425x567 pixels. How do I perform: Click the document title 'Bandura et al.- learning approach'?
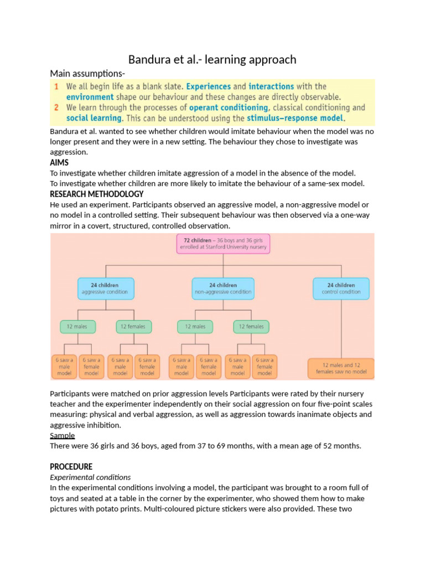coord(212,59)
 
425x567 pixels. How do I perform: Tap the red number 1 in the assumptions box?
coord(56,87)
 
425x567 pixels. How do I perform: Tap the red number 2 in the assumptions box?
coord(56,108)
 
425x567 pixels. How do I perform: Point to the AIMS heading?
coord(60,162)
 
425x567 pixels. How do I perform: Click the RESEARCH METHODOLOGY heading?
coord(96,194)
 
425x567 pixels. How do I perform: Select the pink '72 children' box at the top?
coord(224,244)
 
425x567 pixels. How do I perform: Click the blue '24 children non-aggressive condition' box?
coord(223,288)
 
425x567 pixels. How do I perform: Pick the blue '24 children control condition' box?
coord(341,288)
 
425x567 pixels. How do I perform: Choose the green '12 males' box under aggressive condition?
coord(77,327)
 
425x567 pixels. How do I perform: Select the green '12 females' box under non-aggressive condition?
coord(251,327)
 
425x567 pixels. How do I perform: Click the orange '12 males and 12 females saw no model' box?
coord(341,369)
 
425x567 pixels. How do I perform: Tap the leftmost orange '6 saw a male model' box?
coord(64,367)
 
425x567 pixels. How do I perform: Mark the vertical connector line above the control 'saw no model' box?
coord(341,329)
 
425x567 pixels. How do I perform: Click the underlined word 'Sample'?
coord(62,436)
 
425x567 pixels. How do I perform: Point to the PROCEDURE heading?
coord(71,467)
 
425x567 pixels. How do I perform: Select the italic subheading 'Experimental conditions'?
coord(90,477)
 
